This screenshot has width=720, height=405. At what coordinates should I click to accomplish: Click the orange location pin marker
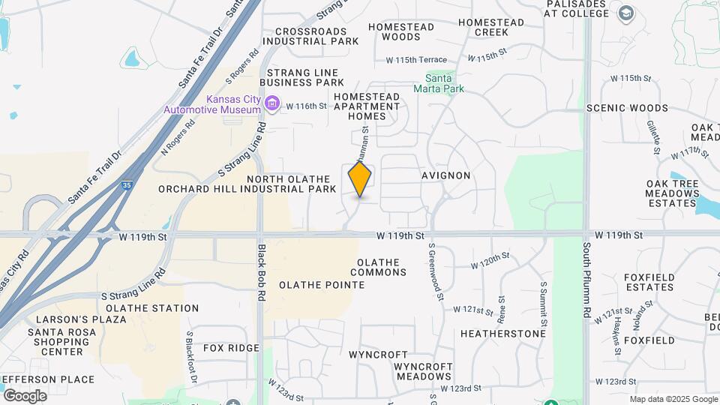coord(360,179)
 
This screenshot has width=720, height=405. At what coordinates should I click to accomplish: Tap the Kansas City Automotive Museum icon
coord(272,103)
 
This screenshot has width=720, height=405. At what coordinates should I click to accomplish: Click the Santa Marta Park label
coord(445,82)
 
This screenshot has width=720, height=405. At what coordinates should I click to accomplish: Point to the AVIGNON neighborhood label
coord(445,175)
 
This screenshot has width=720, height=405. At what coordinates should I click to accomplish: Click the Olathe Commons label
coord(378,267)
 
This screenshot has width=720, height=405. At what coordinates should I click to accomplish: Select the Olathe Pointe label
coord(322,285)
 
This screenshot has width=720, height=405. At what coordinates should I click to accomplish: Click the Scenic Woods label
coord(627,108)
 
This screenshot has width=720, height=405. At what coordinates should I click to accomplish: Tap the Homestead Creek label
coord(491,27)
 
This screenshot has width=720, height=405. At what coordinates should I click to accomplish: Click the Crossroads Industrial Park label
coord(311,36)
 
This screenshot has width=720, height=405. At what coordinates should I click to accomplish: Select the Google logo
coord(25,395)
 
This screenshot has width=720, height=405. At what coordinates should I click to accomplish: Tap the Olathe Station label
coord(152,308)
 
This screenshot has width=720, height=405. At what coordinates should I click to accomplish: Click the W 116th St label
coord(306,106)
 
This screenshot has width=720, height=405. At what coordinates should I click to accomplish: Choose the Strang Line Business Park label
coord(302,77)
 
